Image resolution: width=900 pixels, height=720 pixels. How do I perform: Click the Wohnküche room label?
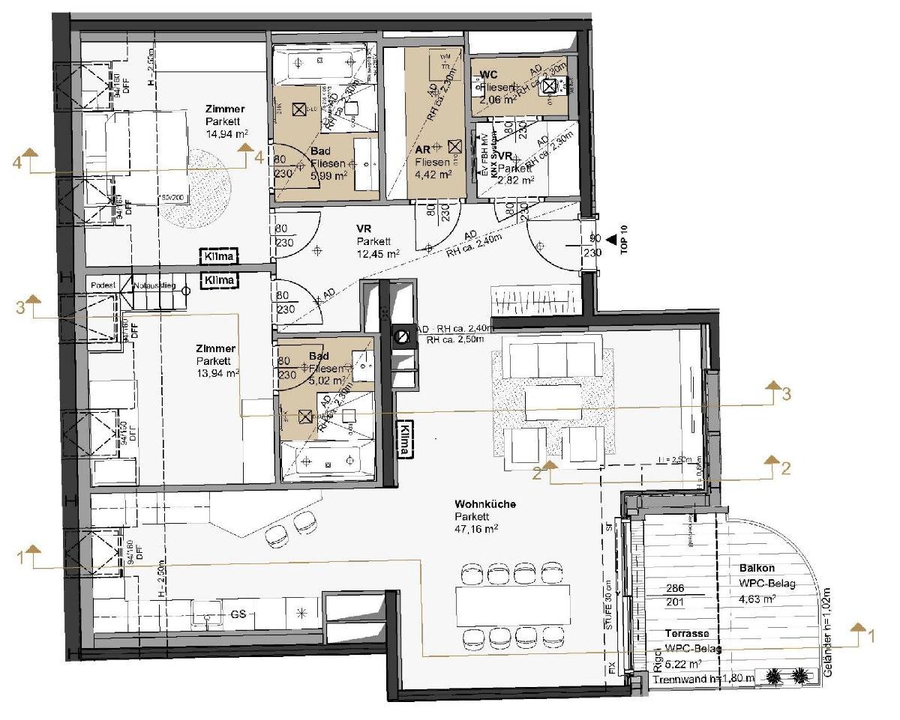[x=485, y=505]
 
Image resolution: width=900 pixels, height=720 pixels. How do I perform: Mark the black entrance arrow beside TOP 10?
[x=611, y=240]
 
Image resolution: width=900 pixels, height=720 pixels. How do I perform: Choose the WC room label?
[x=489, y=75]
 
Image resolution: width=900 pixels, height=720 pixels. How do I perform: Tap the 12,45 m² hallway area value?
[x=378, y=254]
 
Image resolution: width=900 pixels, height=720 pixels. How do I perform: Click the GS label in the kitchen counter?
[x=238, y=614]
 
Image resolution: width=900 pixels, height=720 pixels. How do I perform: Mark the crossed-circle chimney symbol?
[x=403, y=336]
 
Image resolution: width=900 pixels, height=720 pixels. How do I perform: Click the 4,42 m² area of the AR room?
[x=433, y=175]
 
